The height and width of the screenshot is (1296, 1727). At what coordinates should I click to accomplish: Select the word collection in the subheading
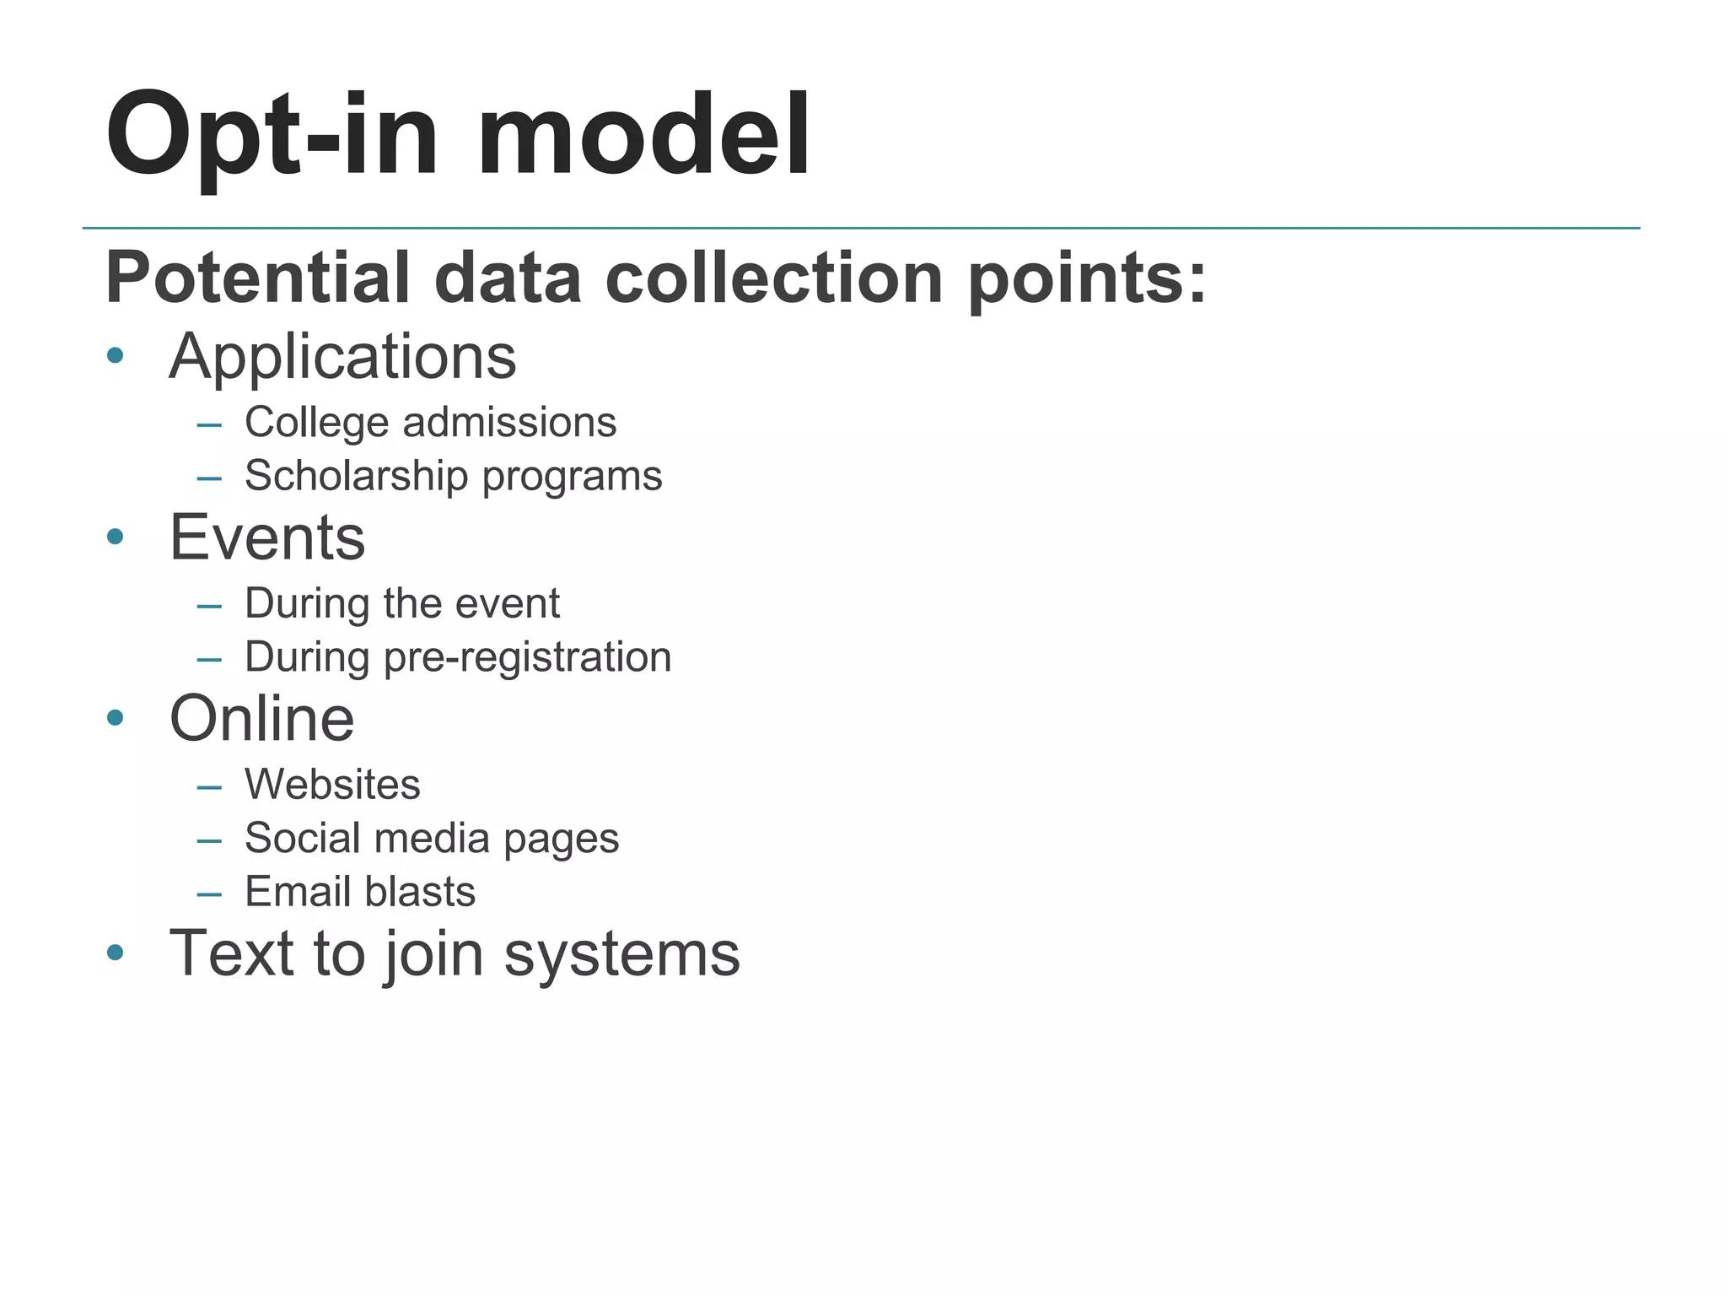tap(773, 278)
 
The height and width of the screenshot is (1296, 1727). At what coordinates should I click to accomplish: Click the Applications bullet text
tap(342, 357)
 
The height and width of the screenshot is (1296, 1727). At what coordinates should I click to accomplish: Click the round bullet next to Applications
tap(116, 355)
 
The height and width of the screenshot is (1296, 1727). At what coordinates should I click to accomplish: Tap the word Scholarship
tap(356, 476)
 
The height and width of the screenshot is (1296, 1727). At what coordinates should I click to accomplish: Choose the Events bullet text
tap(267, 537)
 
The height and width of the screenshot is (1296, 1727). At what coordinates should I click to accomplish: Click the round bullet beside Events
tap(116, 537)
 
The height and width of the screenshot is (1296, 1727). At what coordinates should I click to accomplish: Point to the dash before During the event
tap(209, 606)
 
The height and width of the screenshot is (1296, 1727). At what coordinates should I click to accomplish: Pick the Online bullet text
tap(261, 719)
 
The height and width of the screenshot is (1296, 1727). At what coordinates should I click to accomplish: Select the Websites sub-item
tap(332, 785)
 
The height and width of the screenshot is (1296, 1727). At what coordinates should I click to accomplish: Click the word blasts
tap(420, 892)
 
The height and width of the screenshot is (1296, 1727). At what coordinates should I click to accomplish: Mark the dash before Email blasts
tap(209, 894)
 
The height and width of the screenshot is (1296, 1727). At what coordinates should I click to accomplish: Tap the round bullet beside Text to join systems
tap(116, 953)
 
